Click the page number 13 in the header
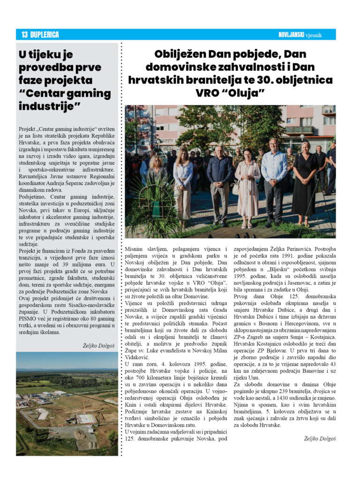tap(24, 35)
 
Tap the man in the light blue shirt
tap(274, 180)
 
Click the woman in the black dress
tap(305, 183)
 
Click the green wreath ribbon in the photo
tap(155, 206)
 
